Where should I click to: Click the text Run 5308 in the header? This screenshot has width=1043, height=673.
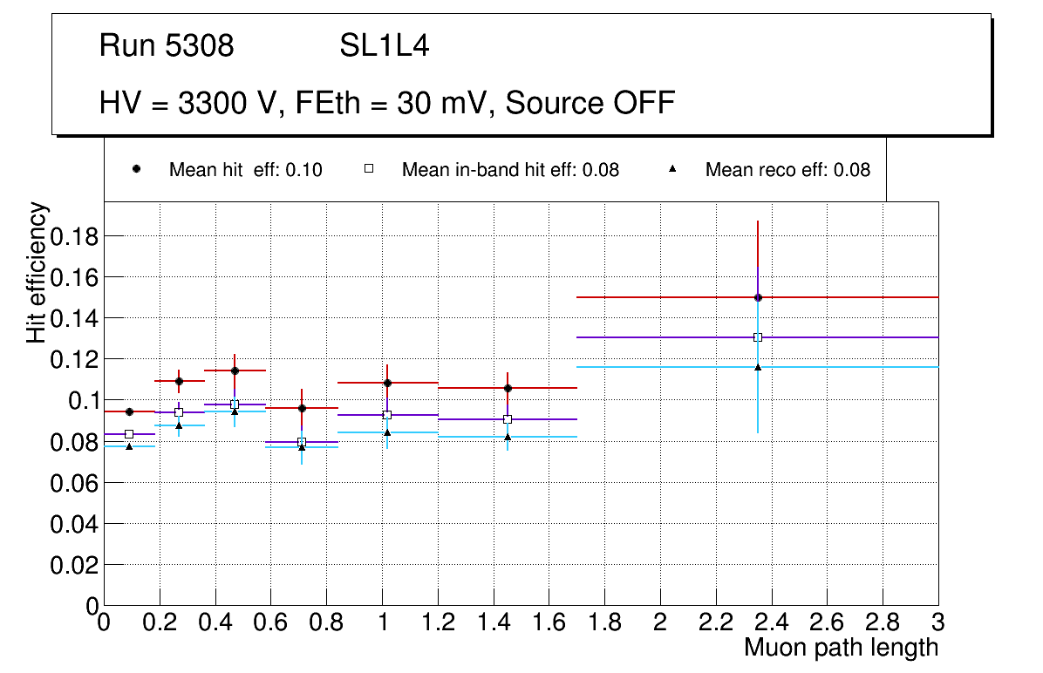tap(167, 46)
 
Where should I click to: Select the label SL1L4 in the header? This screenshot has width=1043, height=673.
tap(384, 46)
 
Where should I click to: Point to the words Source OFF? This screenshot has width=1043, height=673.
tap(590, 103)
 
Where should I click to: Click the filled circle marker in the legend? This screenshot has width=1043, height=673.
tap(136, 169)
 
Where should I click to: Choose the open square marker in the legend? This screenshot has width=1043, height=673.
tap(369, 169)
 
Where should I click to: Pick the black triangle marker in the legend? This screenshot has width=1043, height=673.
tap(672, 169)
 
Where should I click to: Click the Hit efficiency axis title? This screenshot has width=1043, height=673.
tap(37, 272)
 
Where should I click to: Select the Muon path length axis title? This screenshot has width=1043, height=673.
tap(841, 648)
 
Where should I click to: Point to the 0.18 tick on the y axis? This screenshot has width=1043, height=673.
tap(75, 236)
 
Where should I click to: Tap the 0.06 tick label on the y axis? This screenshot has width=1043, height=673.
tap(75, 483)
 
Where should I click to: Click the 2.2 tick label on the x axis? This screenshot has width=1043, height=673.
tap(715, 622)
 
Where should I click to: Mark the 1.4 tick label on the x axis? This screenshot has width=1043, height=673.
tap(493, 622)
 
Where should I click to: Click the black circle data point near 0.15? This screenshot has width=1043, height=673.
tap(758, 297)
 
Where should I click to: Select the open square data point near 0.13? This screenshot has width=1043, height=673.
tap(758, 337)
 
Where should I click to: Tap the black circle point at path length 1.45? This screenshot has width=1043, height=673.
tap(508, 388)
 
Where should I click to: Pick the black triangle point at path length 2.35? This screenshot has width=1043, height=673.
tap(758, 367)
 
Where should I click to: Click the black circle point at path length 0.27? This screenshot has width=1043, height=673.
tap(179, 381)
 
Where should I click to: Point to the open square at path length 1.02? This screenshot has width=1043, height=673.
tap(387, 415)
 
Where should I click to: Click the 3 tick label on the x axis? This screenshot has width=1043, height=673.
tap(937, 622)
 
